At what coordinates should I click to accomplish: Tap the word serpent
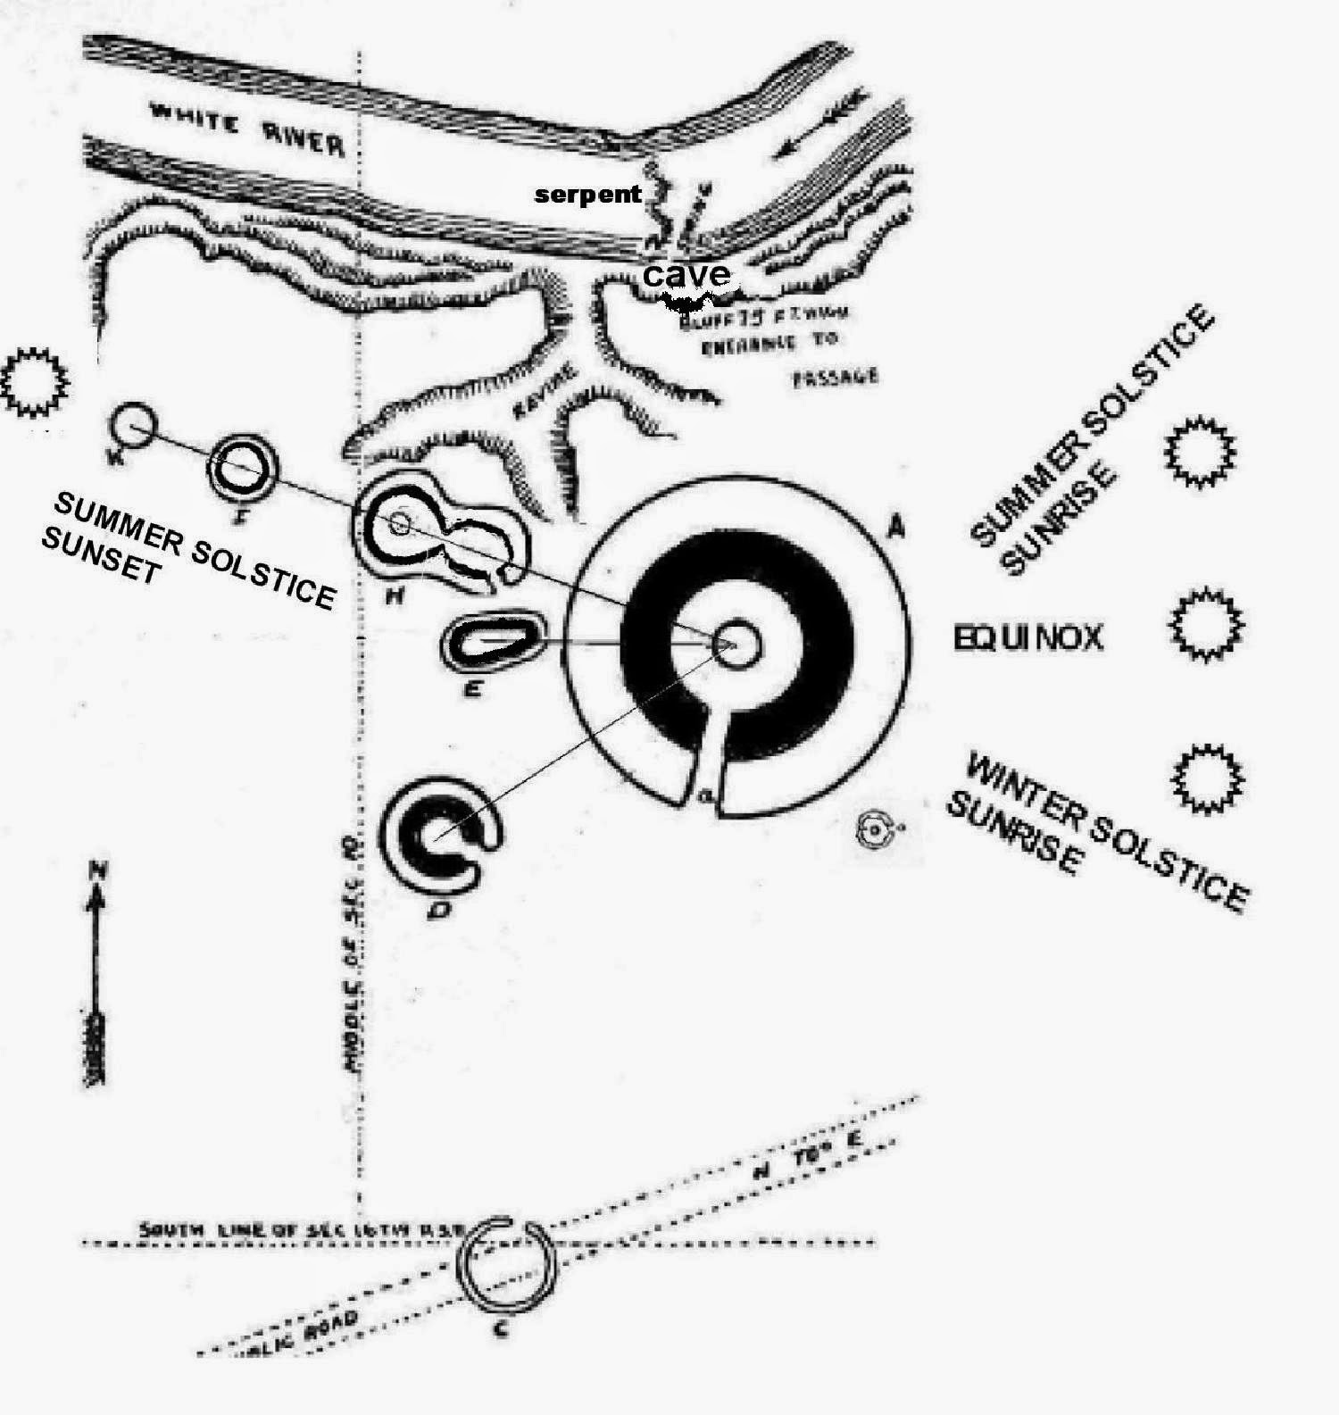587,194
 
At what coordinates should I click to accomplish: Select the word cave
686,274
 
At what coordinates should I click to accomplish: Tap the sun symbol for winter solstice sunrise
1206,776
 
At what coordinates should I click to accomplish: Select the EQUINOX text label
1028,638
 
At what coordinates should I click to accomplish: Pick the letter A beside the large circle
895,529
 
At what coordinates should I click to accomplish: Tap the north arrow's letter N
98,870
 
